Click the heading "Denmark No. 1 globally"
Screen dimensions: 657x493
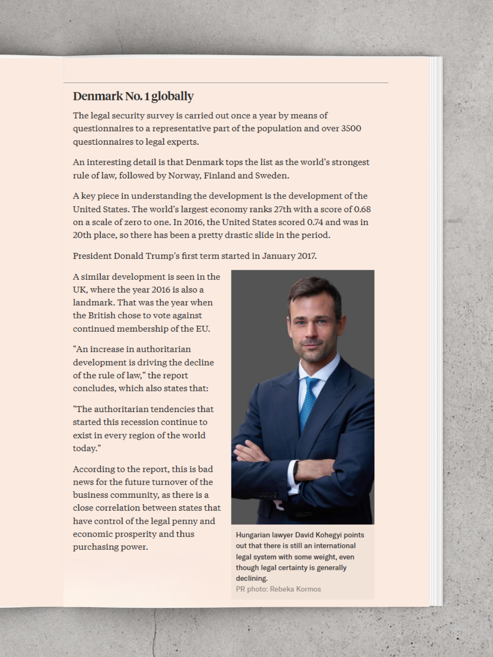133,96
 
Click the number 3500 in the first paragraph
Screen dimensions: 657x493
351,129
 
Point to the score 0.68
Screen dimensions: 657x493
362,209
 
